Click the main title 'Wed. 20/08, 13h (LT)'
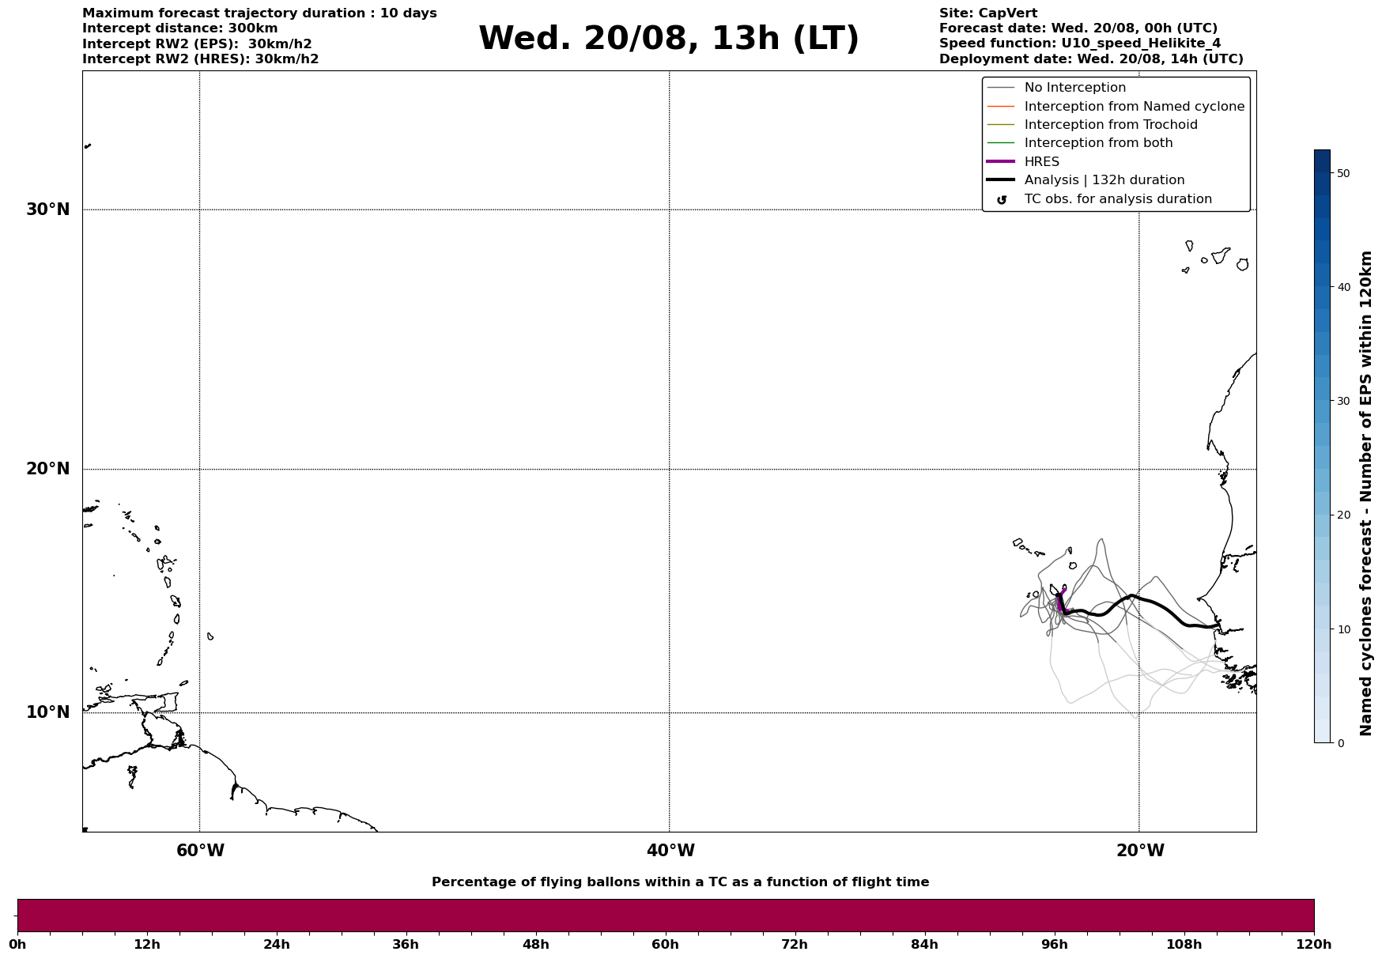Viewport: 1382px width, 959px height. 668,39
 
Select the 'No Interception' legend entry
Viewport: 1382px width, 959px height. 1074,88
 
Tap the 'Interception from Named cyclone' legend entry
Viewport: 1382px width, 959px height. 1134,107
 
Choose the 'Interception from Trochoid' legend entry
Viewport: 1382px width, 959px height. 1110,125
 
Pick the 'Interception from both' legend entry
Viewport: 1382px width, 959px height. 1098,143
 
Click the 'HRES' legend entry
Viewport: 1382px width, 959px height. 1041,162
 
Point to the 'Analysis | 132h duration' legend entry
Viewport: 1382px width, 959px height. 1104,180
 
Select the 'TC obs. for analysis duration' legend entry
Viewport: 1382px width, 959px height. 1117,199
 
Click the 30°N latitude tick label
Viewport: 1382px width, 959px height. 47,210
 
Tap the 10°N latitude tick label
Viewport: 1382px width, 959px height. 47,712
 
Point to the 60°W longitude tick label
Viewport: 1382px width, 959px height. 200,851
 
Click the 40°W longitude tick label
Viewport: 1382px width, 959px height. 670,851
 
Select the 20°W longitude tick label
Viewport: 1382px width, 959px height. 1140,851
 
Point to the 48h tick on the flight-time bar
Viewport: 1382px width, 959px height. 535,945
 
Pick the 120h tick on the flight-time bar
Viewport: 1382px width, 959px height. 1314,945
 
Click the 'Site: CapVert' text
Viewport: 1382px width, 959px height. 987,13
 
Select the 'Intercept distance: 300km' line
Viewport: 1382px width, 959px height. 179,28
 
